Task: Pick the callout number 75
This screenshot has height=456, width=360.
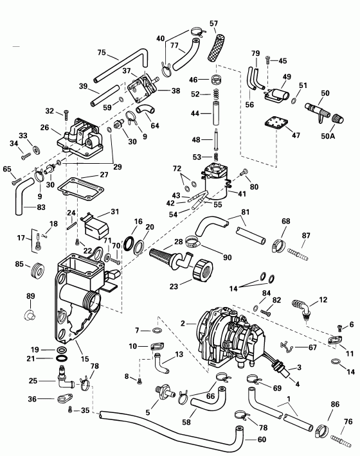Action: [x=102, y=53]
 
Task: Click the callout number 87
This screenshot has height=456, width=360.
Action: [x=306, y=236]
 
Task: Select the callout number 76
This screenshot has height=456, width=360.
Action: [x=348, y=421]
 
